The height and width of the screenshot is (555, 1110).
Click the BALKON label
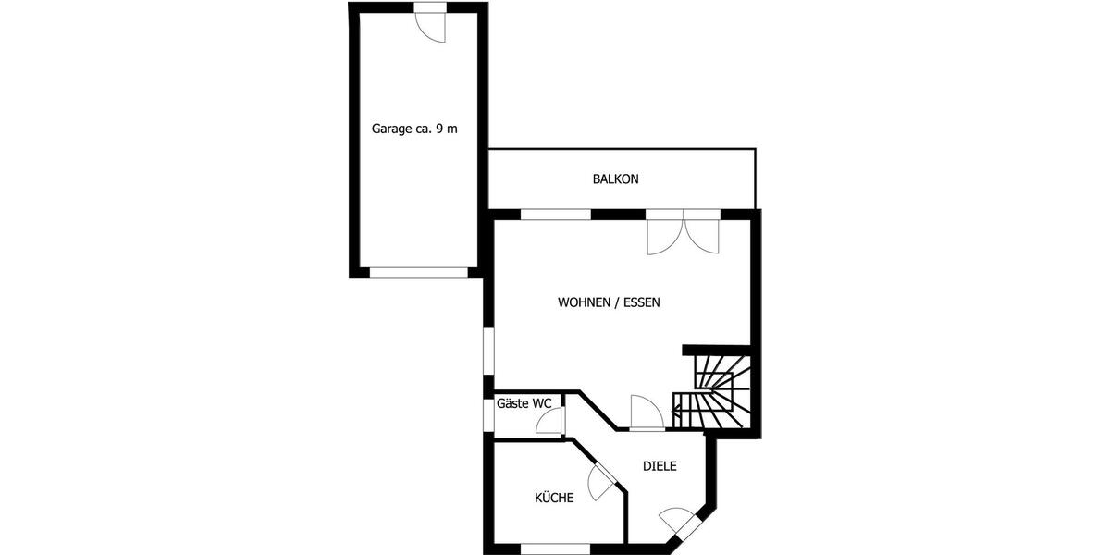[615, 179]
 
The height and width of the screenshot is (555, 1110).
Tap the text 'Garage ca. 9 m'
[414, 129]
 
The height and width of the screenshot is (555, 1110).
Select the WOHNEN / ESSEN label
[609, 302]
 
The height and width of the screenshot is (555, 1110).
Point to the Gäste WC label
[524, 403]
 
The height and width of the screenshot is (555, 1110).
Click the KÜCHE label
[554, 498]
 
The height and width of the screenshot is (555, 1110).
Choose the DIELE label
[660, 466]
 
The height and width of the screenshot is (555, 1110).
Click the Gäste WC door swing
[549, 422]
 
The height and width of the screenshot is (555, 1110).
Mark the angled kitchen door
[601, 478]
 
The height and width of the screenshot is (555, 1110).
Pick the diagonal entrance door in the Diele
[681, 523]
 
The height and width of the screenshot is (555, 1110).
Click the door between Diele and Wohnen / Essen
[646, 413]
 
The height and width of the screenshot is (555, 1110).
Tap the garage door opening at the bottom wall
[419, 273]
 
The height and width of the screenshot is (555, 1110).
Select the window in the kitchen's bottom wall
[555, 549]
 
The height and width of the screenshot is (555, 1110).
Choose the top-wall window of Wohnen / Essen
[555, 215]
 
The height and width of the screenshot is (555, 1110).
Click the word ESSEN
[641, 302]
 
